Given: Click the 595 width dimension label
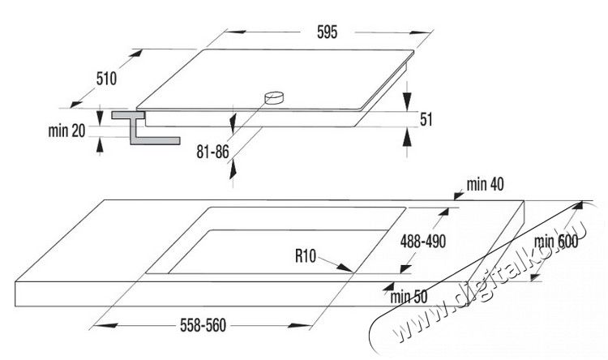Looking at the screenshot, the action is pos(328,32).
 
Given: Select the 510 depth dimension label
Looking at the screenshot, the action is pos(106,79).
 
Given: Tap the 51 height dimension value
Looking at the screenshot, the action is pos(426,119).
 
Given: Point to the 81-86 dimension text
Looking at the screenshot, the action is pos(212,152).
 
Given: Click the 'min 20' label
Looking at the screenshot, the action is pos(66,131).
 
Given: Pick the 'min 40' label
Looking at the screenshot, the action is pos(485,184).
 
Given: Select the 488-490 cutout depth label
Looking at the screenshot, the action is pos(423,242).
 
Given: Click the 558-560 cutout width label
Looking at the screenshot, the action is pos(203,325).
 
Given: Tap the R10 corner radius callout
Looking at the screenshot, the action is pos(306,256).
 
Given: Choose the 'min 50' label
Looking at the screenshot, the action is pos(409,297).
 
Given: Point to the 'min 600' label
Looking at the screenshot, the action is pos(556,242).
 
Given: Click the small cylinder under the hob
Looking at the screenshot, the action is pos(274,98).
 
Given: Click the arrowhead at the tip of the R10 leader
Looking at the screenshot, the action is pos(345,268).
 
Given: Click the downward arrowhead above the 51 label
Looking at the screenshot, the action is pos(407,101).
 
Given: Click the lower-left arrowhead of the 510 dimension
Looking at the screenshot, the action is pos(76,104).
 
